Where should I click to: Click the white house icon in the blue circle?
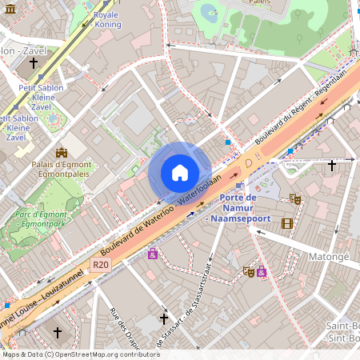180,172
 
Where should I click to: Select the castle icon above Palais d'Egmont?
61,152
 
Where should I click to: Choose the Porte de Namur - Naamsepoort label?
238,208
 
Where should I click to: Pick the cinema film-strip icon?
287,222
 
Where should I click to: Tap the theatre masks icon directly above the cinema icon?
294,198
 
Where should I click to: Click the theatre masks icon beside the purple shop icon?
249,272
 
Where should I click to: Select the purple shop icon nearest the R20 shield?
152,254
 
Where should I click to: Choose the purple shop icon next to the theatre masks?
262,272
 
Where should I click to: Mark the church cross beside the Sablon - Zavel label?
34,62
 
